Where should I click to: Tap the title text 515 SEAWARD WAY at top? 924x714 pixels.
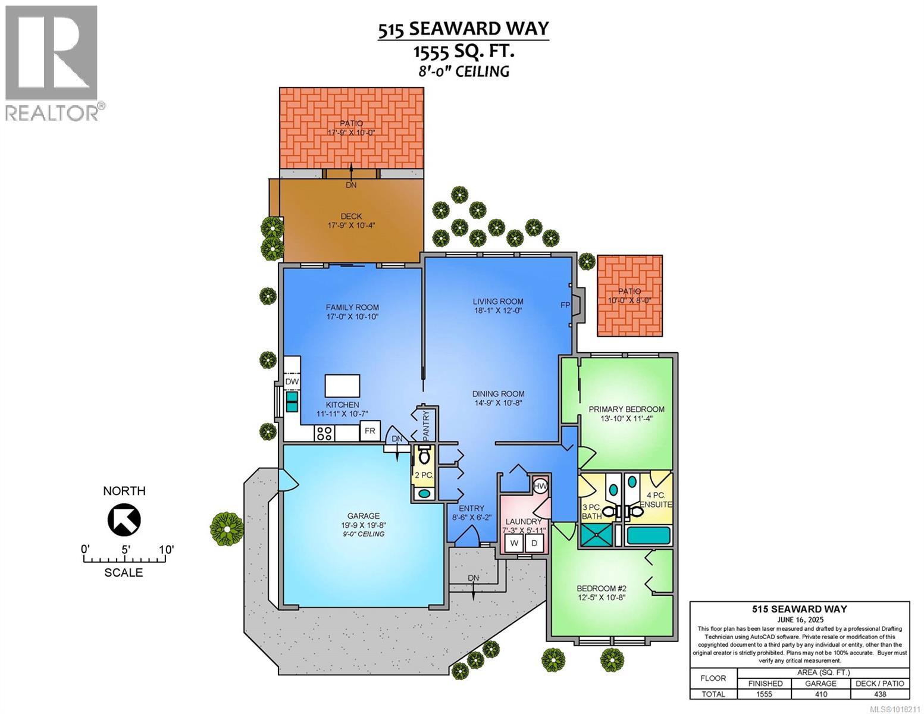click(463, 29)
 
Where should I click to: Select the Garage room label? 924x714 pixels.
click(363, 516)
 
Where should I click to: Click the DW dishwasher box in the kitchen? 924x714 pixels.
click(292, 381)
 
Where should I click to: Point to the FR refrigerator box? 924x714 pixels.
click(369, 431)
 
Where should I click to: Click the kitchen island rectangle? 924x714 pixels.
click(342, 386)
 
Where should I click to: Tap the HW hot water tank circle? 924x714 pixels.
click(540, 486)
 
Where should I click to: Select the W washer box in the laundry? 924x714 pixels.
click(513, 543)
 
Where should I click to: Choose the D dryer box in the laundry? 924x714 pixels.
click(534, 543)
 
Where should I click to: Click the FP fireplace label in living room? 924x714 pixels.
click(565, 305)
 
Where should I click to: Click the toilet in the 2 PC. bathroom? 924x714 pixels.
click(424, 457)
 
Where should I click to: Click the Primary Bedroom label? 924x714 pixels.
click(626, 409)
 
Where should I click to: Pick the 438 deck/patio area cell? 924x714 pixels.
click(879, 694)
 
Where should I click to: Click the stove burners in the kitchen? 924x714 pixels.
click(324, 433)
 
